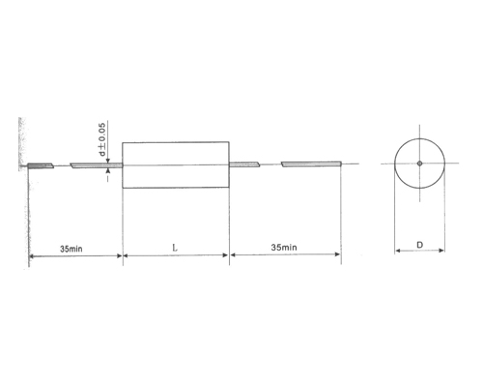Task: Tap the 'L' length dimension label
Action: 174,248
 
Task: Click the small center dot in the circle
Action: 419,164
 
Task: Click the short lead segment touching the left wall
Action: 41,165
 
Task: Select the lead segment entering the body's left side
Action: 97,165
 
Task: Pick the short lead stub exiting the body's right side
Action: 244,164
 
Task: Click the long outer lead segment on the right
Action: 310,164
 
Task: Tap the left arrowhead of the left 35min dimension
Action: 34,256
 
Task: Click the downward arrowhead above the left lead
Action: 109,160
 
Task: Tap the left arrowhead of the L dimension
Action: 126,256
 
